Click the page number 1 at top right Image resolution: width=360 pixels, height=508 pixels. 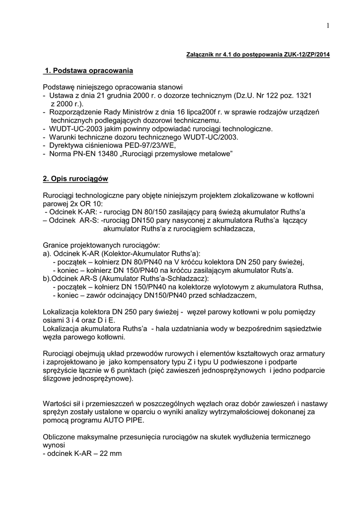coord(329,26)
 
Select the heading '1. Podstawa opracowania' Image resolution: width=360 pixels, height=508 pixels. coord(89,70)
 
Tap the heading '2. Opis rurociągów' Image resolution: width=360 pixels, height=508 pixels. coord(75,178)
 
